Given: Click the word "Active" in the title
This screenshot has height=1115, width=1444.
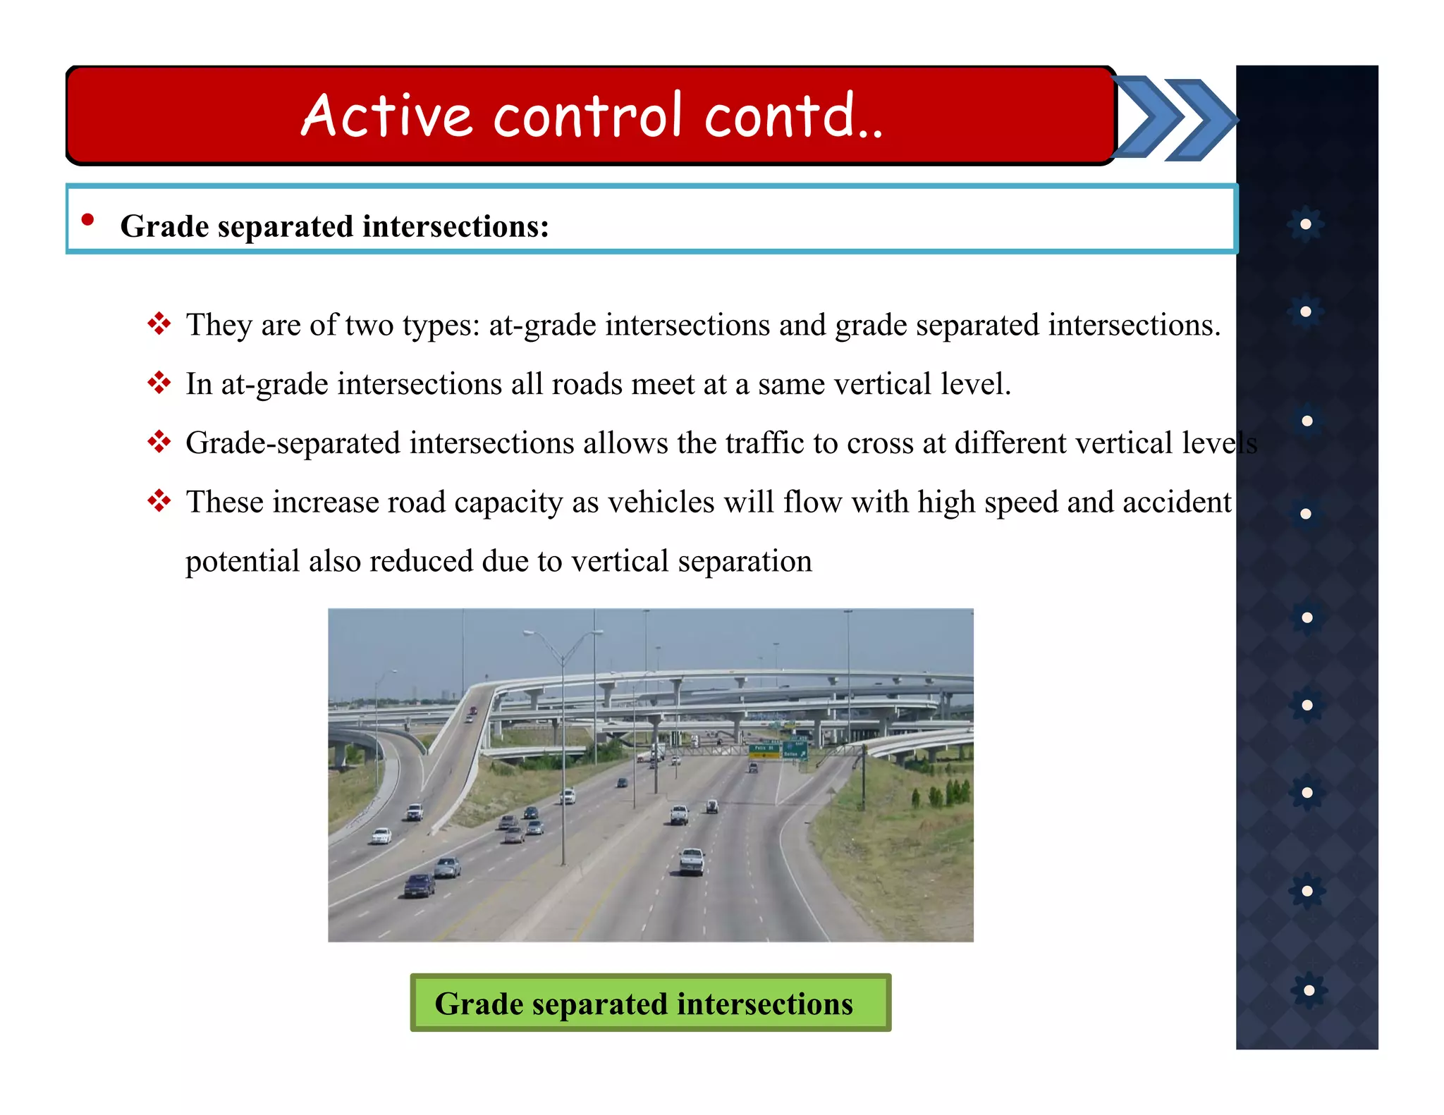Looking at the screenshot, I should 386,115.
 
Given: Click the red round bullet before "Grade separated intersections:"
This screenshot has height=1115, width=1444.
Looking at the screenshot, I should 87,220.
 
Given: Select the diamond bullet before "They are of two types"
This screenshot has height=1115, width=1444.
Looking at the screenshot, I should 159,324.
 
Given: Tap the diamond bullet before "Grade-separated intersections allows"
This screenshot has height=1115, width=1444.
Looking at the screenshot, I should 159,443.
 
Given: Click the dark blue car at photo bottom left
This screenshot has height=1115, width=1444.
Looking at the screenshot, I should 420,885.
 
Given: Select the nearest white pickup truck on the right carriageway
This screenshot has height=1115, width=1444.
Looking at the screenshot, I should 692,861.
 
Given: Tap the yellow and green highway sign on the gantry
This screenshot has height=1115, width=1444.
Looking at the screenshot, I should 765,751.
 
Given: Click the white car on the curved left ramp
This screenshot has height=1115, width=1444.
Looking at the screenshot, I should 381,836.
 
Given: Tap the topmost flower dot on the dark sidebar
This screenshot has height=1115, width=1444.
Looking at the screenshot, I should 1306,224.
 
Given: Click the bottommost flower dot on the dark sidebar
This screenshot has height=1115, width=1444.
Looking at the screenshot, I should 1309,990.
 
